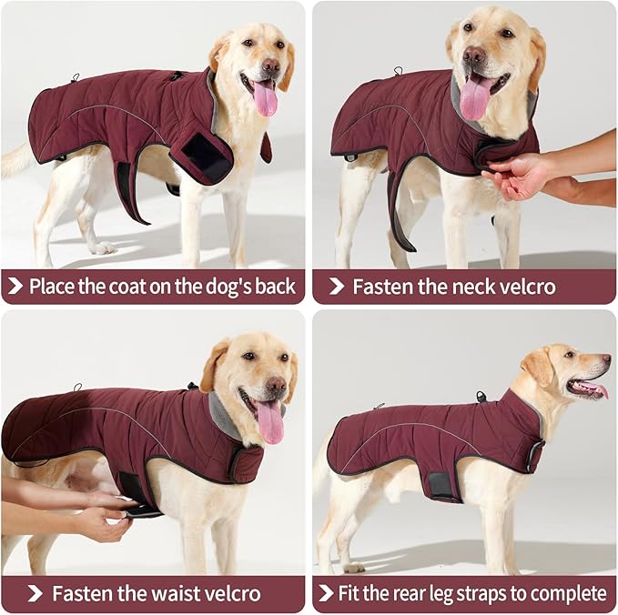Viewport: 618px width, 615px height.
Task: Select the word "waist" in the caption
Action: click(x=159, y=594)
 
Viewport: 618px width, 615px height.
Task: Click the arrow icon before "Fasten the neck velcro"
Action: click(x=336, y=287)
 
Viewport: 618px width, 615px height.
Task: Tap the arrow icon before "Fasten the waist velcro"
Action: click(x=35, y=594)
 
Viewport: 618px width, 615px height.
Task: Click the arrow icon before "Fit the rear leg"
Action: click(x=326, y=594)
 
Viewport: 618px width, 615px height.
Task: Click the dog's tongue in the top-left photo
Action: click(x=265, y=98)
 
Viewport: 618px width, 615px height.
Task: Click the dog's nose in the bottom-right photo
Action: click(x=605, y=360)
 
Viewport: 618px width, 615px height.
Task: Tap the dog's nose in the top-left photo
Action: click(x=270, y=66)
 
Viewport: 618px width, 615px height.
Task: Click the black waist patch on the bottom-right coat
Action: click(x=443, y=483)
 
